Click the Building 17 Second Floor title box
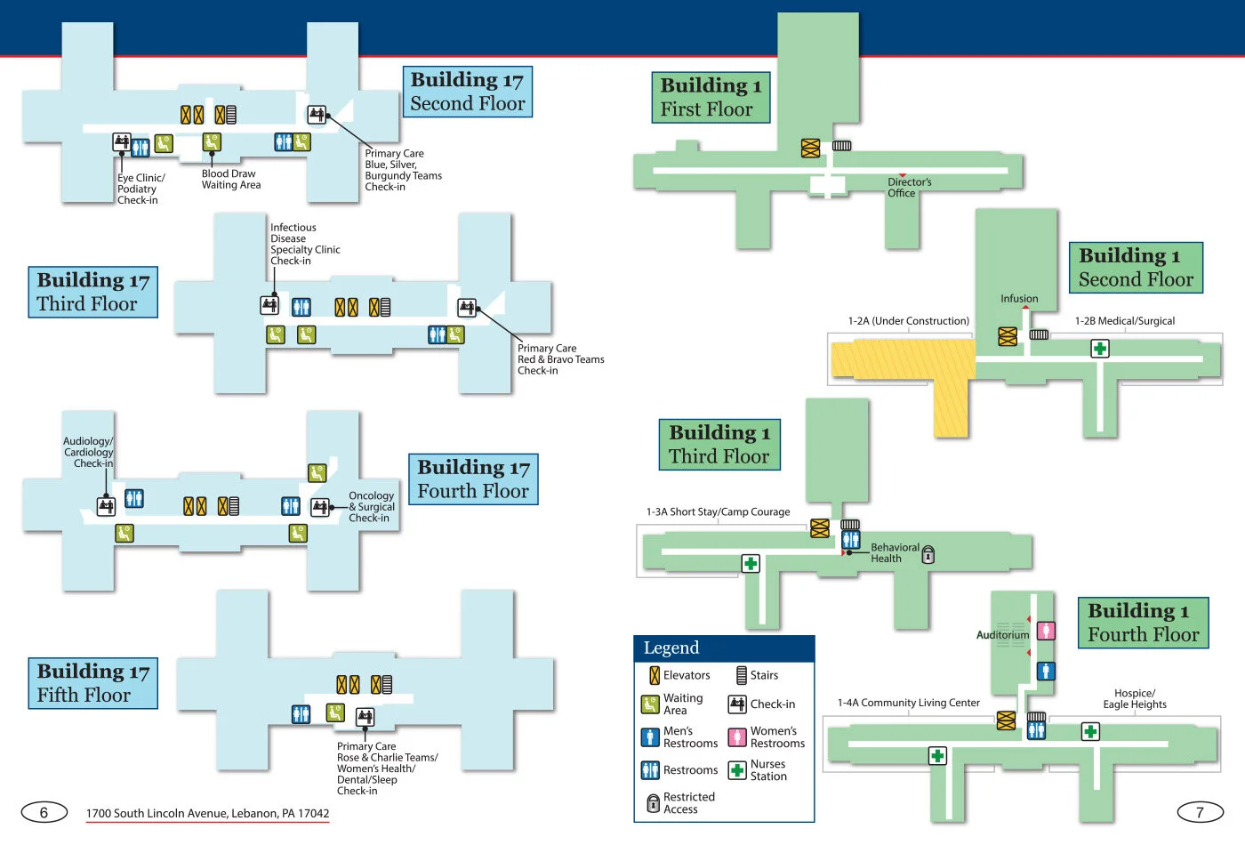tap(467, 92)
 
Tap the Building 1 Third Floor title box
tap(719, 444)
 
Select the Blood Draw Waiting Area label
tap(230, 180)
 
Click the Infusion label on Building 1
tap(1019, 299)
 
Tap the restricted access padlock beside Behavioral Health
tap(928, 555)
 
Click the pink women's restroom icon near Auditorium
tap(1047, 631)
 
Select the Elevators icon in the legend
tap(655, 676)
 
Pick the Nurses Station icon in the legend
tap(737, 770)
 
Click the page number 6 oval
tap(44, 812)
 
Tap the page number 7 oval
tap(1200, 811)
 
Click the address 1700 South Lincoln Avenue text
tap(207, 813)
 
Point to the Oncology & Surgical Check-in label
tap(371, 507)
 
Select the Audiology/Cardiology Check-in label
tap(88, 452)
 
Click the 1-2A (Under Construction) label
tap(908, 321)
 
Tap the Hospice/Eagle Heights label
tap(1135, 699)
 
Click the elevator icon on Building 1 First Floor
tap(810, 149)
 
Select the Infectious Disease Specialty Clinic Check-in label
tap(304, 245)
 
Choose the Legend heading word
tap(671, 648)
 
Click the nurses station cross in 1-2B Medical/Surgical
tap(1100, 349)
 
